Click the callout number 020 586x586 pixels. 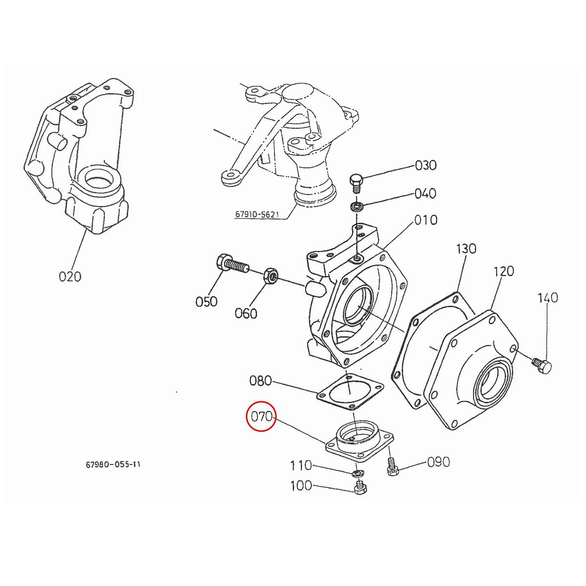(70, 276)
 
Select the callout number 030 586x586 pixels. (425, 165)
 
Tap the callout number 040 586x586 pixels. (425, 194)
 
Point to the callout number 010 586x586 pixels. (426, 220)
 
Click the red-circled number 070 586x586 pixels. (261, 417)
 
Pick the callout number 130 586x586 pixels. (465, 249)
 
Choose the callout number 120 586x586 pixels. (503, 271)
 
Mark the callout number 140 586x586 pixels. (547, 297)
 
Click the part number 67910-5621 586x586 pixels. (258, 215)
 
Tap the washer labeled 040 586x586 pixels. (357, 206)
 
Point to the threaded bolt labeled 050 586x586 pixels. (231, 264)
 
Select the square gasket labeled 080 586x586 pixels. (350, 392)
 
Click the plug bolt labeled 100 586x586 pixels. (359, 487)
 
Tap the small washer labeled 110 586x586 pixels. (357, 472)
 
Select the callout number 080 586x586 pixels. (260, 380)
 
